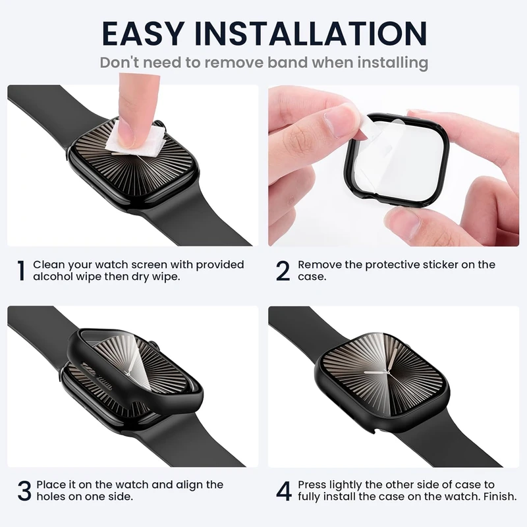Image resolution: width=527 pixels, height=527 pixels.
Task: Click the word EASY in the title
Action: (143, 34)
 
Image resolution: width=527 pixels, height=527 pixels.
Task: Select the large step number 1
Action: (21, 271)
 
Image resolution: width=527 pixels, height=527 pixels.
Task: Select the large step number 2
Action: (283, 271)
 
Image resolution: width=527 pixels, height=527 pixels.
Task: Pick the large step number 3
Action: (24, 491)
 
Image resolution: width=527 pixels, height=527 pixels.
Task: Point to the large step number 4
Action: (284, 491)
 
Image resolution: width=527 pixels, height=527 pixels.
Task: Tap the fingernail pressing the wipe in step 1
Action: (127, 132)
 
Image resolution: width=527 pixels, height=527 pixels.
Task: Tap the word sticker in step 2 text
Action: (440, 265)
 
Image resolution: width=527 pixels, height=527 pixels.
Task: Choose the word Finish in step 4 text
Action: (500, 497)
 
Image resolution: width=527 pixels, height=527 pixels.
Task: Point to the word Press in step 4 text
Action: (312, 485)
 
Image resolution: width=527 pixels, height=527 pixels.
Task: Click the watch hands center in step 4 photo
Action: (388, 372)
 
